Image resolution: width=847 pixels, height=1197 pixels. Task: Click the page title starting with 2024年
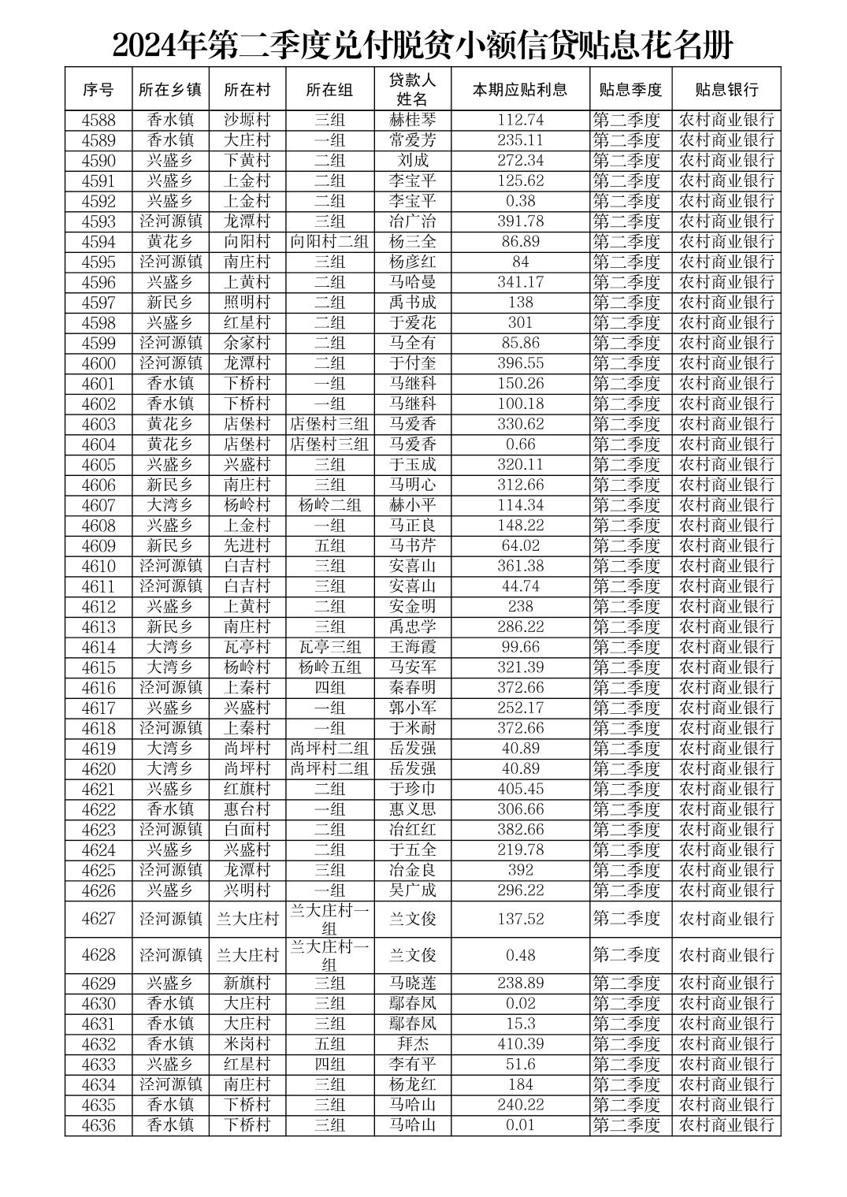(423, 45)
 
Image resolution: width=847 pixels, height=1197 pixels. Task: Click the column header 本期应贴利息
(520, 89)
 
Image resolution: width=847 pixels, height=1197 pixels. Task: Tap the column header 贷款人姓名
(412, 89)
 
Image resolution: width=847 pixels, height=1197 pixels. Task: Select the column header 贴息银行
(726, 89)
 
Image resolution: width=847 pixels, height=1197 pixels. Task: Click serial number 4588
(98, 120)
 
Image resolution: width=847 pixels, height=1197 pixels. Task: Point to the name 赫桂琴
(412, 120)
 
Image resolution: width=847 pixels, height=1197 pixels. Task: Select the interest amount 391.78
(520, 221)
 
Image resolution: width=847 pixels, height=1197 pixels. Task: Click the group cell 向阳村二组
(329, 242)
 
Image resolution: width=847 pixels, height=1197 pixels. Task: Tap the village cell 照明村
(247, 303)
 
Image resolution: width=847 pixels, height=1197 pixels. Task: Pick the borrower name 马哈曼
(412, 282)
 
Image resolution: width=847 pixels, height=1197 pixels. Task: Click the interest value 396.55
(520, 363)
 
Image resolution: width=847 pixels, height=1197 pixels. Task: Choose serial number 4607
(98, 505)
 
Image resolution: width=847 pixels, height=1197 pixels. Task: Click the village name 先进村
(247, 546)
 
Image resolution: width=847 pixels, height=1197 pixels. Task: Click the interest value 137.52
(520, 919)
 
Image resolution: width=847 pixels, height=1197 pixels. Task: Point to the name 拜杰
(412, 1044)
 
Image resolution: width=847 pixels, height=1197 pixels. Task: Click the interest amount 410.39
(520, 1044)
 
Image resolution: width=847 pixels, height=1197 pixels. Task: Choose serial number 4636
(98, 1125)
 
